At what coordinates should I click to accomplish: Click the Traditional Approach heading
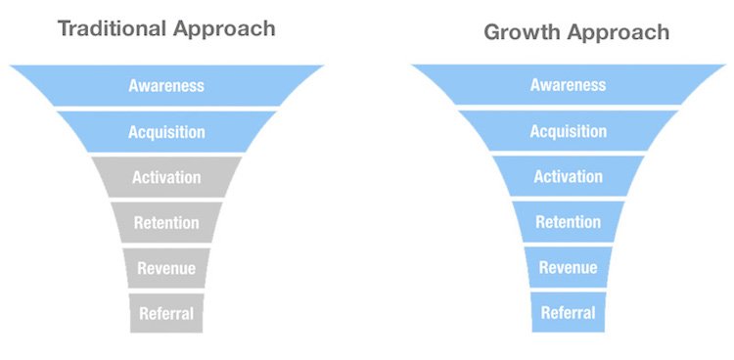click(166, 27)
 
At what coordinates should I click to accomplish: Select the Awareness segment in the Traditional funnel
click(166, 85)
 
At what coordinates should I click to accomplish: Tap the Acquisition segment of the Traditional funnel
click(166, 131)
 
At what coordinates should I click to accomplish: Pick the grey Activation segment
click(166, 177)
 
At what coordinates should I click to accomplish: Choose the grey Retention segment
click(166, 223)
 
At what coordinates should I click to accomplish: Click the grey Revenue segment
click(166, 268)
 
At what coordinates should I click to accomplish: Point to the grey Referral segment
click(166, 314)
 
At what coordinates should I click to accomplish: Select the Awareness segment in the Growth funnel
click(568, 85)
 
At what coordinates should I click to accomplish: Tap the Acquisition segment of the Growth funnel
click(568, 131)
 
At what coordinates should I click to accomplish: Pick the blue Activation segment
click(568, 177)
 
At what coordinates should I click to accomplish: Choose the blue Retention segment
click(568, 222)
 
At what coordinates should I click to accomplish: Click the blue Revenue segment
click(568, 268)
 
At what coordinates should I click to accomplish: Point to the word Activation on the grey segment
click(166, 178)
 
